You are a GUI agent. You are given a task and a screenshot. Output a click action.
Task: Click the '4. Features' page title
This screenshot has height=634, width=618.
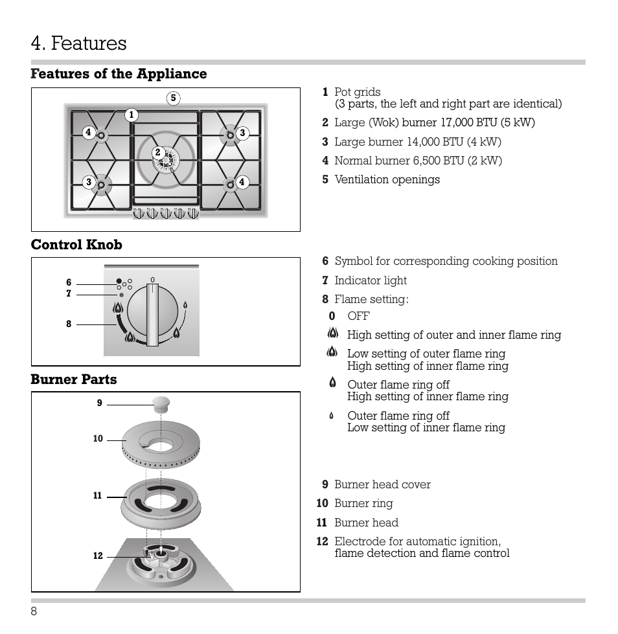(78, 43)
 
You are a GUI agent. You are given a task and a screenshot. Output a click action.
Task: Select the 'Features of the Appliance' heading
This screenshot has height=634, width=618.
(119, 74)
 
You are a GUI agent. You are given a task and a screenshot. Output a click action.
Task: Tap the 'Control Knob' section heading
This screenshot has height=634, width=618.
(76, 244)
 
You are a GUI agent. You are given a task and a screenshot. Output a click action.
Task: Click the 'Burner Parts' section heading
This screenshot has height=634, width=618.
(74, 379)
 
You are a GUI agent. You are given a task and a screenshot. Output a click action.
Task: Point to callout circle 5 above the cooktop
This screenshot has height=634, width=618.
(173, 98)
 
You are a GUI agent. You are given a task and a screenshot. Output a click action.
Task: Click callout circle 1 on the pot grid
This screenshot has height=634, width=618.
(131, 115)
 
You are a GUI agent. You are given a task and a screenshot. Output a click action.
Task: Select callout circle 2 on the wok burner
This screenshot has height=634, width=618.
(157, 152)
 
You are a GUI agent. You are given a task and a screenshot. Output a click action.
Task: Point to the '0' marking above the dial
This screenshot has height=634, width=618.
(153, 280)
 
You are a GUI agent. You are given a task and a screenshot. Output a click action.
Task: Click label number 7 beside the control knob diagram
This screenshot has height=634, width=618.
(69, 293)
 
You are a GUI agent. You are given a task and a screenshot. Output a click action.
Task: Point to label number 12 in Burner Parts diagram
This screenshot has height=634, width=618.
(98, 556)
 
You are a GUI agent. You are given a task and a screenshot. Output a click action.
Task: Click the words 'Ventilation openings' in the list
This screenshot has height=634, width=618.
(387, 179)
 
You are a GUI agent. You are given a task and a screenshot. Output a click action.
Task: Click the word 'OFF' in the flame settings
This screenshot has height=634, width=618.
(358, 316)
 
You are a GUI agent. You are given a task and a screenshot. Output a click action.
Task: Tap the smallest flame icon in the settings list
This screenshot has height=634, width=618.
(331, 416)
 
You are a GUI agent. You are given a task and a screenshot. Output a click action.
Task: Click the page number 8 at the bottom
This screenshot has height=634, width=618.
(34, 613)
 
